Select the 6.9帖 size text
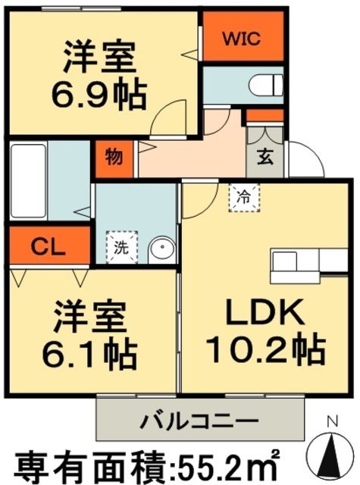99,95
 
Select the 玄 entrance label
267,157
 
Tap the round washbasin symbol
158,247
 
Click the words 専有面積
83,462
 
